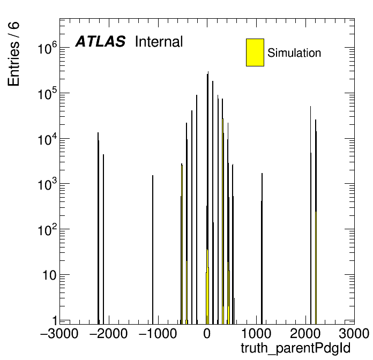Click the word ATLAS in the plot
click(x=100, y=41)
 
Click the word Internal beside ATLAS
click(x=159, y=42)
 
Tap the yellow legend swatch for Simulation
click(x=255, y=52)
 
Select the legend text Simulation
click(x=294, y=53)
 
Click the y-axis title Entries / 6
click(x=13, y=54)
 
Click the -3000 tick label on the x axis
click(x=59, y=333)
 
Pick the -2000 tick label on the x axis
click(x=108, y=333)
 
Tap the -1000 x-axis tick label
click(x=158, y=333)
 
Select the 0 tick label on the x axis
click(x=207, y=333)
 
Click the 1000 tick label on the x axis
click(x=256, y=333)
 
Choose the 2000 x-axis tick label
click(x=305, y=333)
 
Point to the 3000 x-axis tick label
click(x=354, y=333)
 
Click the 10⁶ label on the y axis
click(x=48, y=48)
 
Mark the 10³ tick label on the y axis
click(x=48, y=184)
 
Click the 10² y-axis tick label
click(x=48, y=230)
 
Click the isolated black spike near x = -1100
click(x=153, y=250)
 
